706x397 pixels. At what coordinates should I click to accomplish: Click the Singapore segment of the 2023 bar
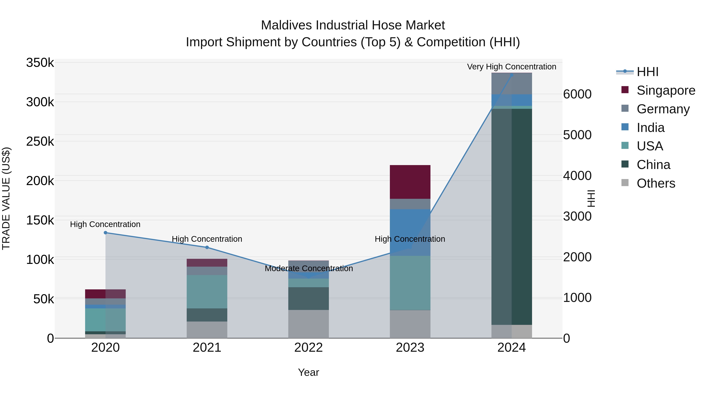[x=410, y=182]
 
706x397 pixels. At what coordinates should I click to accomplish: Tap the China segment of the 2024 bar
[x=511, y=216]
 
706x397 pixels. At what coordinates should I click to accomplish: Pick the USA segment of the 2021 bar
[x=207, y=292]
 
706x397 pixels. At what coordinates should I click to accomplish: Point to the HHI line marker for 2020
[x=106, y=233]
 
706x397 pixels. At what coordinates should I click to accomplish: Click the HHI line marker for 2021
[x=207, y=247]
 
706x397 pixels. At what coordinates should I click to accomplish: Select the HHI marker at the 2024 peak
[x=511, y=75]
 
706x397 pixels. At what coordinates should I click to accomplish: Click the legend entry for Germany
[x=663, y=109]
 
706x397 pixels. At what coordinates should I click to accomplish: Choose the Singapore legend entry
[x=665, y=90]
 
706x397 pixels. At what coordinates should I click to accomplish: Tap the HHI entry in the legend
[x=647, y=72]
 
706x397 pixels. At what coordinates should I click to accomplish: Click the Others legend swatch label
[x=656, y=183]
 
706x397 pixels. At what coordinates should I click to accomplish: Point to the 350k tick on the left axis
[x=40, y=63]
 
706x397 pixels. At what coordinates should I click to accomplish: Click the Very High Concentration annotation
[x=511, y=67]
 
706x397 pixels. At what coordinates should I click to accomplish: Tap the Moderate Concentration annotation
[x=309, y=268]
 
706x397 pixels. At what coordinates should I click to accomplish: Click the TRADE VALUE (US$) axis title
[x=6, y=198]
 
